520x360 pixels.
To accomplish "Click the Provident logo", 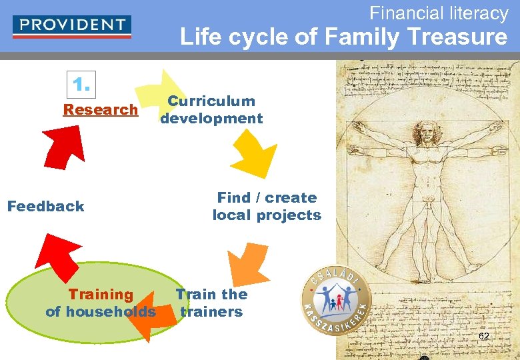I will (72, 26).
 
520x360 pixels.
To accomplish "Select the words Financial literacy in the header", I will (439, 13).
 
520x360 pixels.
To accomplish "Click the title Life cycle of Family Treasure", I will (343, 37).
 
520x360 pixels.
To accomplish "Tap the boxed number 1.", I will (81, 85).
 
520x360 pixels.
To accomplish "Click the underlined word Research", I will (100, 109).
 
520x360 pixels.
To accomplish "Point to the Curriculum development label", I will (211, 110).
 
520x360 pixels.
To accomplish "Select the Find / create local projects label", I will (267, 206).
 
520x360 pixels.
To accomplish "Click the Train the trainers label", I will (211, 303).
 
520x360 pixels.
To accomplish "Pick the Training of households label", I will (101, 303).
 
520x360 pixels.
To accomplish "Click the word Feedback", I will (45, 206).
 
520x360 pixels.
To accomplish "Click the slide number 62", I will (484, 336).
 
